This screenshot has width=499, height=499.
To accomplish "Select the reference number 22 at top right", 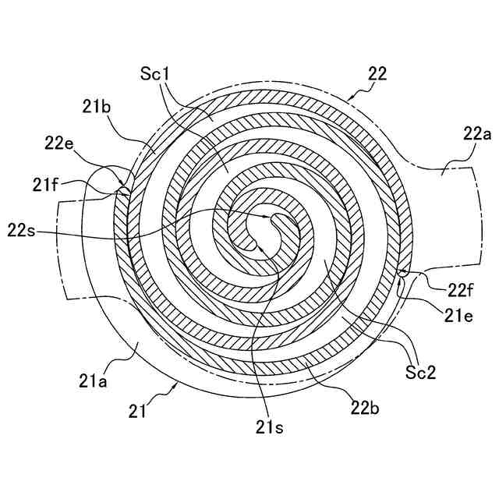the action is point(377,73).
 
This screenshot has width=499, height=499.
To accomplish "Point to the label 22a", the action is point(477,134).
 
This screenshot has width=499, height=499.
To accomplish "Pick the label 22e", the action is point(60,143).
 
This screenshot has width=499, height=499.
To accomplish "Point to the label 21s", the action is point(267,426).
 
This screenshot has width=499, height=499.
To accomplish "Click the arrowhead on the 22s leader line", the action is point(269,217).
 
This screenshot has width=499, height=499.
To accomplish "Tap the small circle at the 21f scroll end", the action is point(122,188).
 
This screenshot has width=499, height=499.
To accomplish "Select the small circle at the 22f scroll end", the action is point(402,274).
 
